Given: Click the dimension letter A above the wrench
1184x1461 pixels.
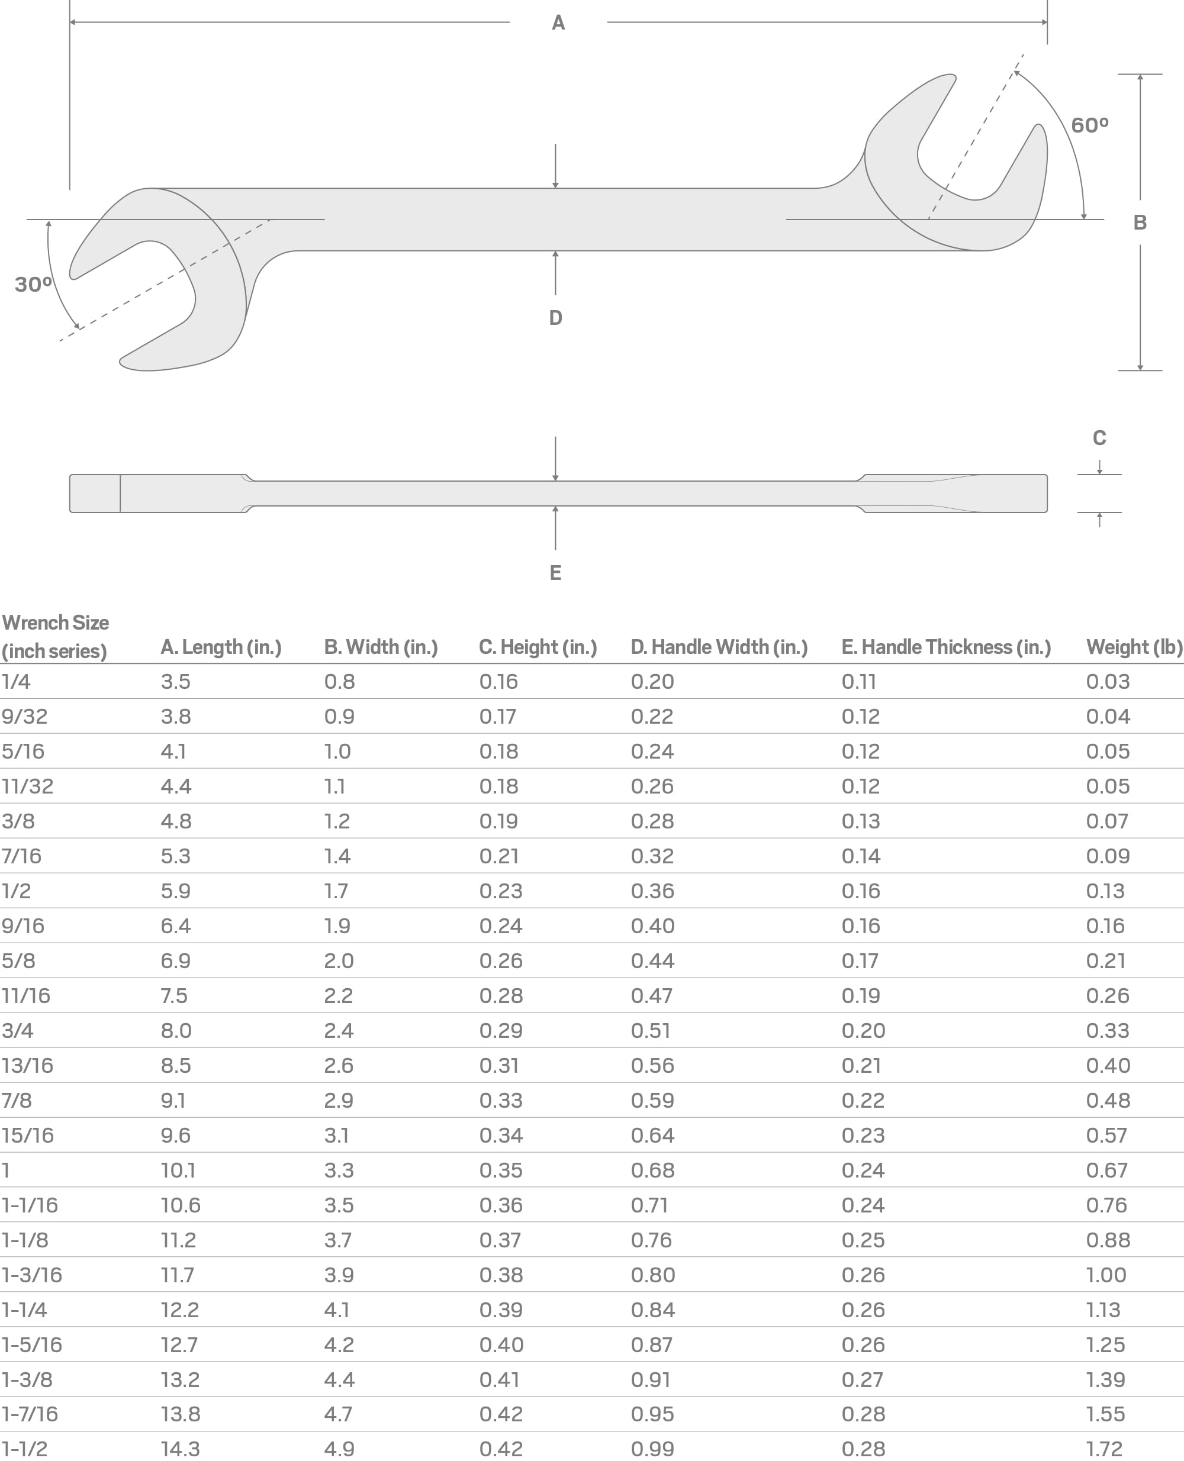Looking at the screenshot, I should click(x=558, y=23).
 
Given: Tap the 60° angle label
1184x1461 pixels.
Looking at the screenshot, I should click(x=1089, y=125).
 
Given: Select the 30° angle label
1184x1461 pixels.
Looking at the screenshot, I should click(x=33, y=284).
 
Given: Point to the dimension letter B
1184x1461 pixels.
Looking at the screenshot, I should click(x=1140, y=222).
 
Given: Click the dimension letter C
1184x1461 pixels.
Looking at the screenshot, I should click(x=1099, y=438).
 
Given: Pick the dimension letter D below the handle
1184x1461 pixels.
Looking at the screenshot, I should click(x=555, y=318).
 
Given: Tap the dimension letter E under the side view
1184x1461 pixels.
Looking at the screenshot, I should click(x=555, y=573).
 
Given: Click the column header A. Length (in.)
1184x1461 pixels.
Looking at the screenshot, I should click(x=221, y=647).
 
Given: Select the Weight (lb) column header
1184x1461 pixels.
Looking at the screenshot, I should click(x=1134, y=647).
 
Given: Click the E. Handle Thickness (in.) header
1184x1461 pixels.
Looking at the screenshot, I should click(x=946, y=647).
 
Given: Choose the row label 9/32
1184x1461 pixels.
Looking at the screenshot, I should click(x=24, y=717).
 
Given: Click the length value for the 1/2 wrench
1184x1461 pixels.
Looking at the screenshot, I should click(x=175, y=891).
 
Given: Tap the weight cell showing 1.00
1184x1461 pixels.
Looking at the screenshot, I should click(x=1106, y=1275).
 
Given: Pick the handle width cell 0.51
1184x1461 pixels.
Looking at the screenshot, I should click(x=651, y=1030).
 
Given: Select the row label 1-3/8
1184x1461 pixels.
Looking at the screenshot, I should click(x=27, y=1380).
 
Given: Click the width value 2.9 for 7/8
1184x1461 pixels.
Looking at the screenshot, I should click(x=338, y=1101).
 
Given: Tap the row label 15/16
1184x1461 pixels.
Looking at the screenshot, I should click(x=27, y=1135).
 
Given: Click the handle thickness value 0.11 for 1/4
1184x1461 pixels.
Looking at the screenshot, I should click(x=858, y=682).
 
